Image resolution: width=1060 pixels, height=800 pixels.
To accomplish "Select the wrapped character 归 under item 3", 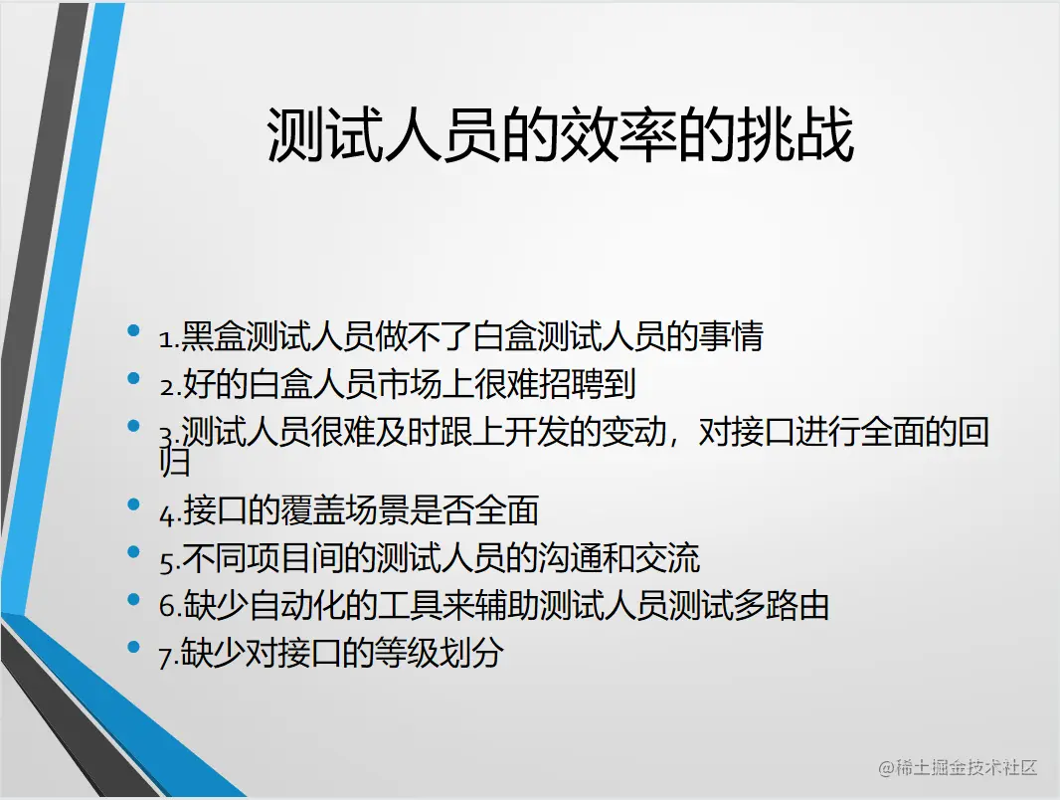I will coord(174,463).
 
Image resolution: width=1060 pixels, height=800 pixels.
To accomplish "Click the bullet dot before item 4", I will coord(134,504).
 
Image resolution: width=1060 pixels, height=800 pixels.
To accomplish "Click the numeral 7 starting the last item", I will coord(165,657).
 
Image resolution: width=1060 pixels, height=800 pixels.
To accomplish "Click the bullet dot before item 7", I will coord(134,648).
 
